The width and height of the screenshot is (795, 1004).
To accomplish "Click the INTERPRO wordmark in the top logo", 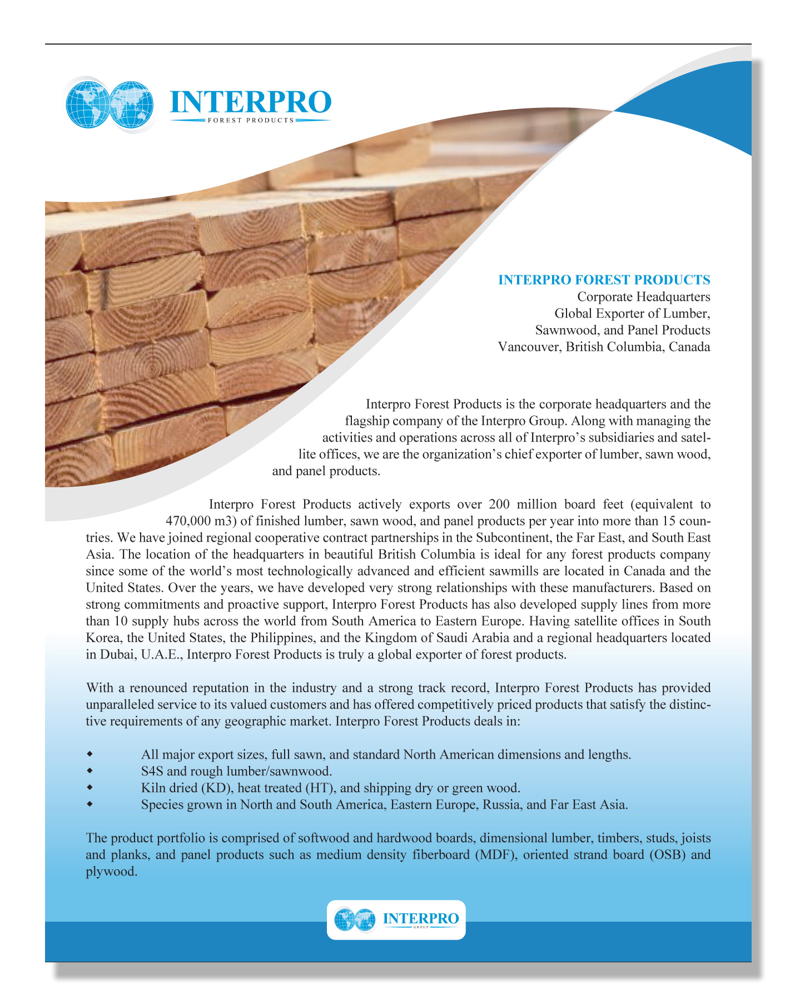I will pos(250,102).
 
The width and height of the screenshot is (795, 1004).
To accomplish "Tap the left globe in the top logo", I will pos(87,104).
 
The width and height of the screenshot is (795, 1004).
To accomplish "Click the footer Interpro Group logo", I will pos(396,919).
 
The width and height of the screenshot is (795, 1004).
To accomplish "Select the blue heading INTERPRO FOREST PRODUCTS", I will pos(604,280).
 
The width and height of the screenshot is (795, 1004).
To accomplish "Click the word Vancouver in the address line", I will pos(529,347).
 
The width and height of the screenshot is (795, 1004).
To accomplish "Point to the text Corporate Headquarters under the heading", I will pos(643,296).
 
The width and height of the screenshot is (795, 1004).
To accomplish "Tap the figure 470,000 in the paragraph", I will pos(187,521).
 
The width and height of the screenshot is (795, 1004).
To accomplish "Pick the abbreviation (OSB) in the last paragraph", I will pos(668,854).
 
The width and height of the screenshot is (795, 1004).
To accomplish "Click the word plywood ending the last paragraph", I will pos(110,872).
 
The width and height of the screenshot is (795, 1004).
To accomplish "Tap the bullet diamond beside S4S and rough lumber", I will pos(89,771).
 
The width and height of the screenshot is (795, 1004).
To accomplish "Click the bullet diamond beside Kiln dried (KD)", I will pos(89,788).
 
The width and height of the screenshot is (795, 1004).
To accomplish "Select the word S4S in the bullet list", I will pos(152,771).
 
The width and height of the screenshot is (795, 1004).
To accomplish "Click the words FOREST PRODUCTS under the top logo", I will pos(250,120).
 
